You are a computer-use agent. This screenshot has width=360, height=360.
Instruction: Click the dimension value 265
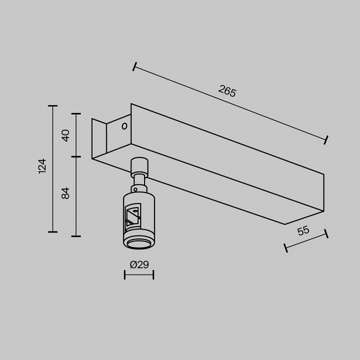[x=227, y=91]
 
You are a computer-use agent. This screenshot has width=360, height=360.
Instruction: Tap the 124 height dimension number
[x=42, y=165]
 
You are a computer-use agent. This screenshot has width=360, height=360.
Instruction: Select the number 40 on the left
[x=65, y=135]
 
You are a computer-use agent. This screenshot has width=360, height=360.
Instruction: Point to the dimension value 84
[x=65, y=192]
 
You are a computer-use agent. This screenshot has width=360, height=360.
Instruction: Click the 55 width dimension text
[x=303, y=231]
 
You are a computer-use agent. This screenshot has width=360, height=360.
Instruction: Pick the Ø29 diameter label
[x=139, y=264]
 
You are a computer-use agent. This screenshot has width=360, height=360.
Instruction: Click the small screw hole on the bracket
[x=124, y=126]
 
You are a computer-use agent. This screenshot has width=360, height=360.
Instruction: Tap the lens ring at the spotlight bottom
[x=138, y=243]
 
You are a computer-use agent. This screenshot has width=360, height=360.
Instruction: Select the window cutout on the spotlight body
[x=133, y=215]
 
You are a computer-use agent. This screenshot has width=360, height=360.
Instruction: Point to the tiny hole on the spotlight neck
[x=135, y=189]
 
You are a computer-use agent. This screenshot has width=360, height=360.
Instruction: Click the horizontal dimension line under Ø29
[x=139, y=274]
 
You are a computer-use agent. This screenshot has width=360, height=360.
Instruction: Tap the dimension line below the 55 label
[x=306, y=240]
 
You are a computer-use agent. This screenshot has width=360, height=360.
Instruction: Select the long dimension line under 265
[x=230, y=103]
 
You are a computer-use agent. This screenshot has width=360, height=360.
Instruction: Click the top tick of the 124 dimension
[x=52, y=106]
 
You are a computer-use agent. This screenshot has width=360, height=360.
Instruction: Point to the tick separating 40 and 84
[x=76, y=157]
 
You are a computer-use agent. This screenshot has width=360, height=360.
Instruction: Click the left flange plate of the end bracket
[x=99, y=139]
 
